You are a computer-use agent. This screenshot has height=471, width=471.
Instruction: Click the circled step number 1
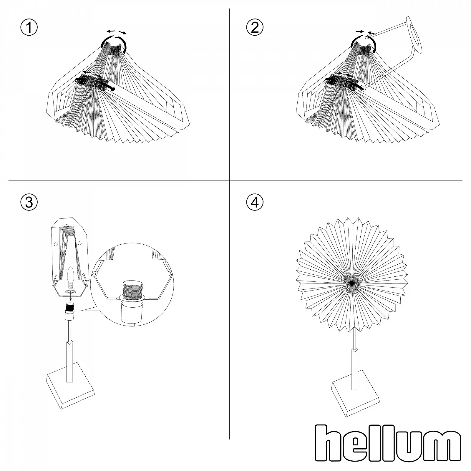pyautogui.click(x=29, y=28)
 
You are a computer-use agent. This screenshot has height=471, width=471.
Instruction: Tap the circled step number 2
pyautogui.click(x=255, y=28)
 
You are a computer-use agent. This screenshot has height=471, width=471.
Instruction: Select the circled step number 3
pyautogui.click(x=29, y=202)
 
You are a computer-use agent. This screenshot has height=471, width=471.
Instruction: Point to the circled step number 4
pyautogui.click(x=255, y=202)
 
